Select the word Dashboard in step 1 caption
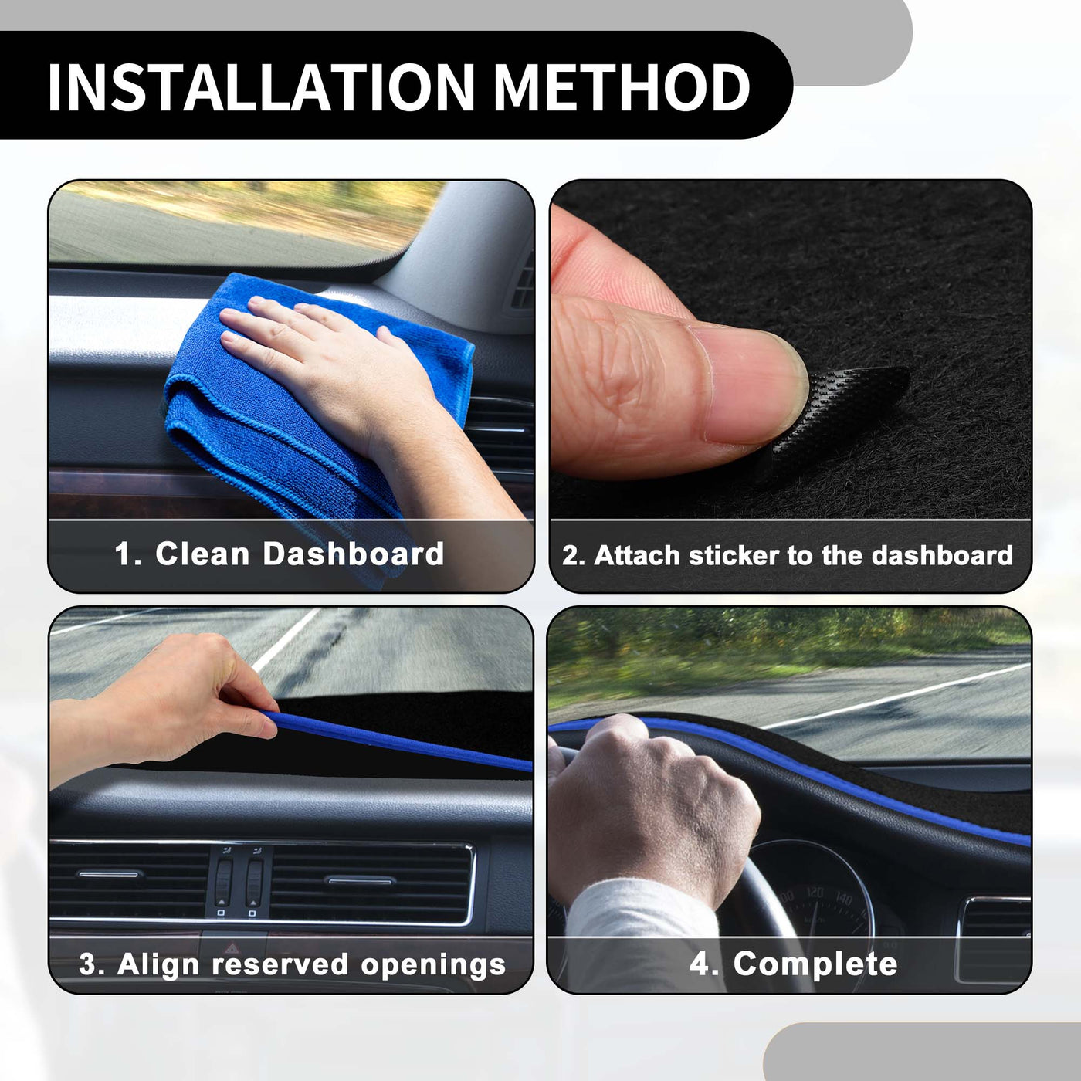point(354,554)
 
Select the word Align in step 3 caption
point(158,966)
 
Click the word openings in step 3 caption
point(433,966)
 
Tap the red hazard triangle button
point(232,949)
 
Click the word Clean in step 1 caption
point(202,554)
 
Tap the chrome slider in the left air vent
point(109,874)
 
